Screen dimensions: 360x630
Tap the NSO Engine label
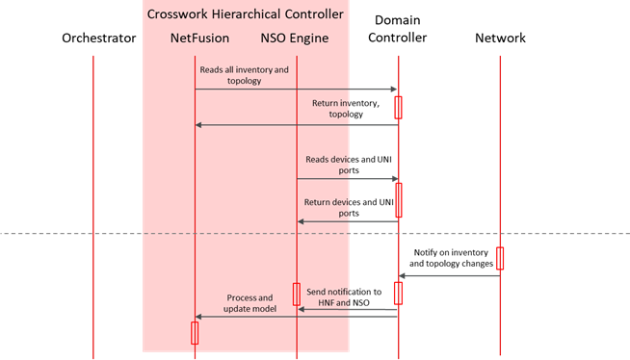(295, 39)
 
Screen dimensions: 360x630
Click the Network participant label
(501, 39)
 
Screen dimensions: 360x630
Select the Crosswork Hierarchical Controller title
(247, 13)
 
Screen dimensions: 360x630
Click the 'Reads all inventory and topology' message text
(244, 75)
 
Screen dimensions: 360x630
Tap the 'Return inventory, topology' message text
(343, 107)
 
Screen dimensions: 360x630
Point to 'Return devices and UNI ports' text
(344, 207)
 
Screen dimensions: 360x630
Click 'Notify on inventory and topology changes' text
(451, 257)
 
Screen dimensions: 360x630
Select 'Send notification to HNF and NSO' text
(344, 296)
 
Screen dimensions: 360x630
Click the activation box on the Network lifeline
(500, 258)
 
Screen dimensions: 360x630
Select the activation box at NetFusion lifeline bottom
(195, 332)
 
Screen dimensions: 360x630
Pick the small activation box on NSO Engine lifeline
(297, 293)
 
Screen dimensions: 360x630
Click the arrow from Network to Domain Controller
(448, 276)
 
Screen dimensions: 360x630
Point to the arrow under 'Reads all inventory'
(296, 90)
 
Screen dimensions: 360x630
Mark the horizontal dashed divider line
(96, 232)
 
